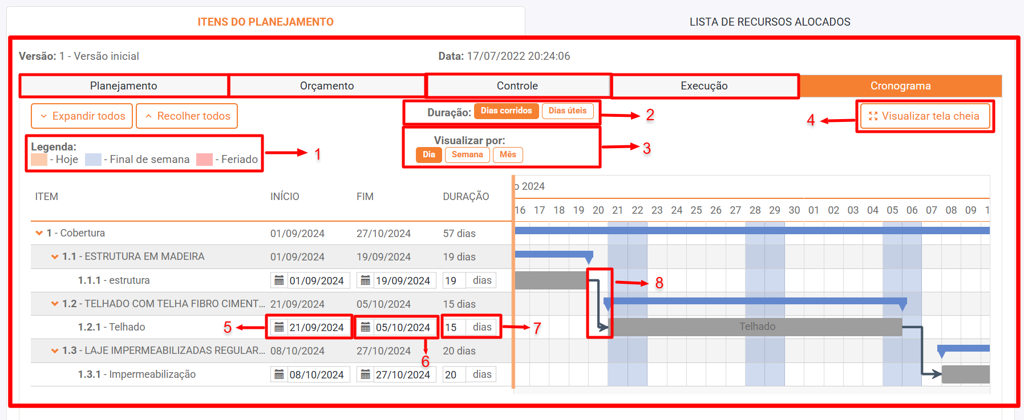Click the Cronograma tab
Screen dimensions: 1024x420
900,86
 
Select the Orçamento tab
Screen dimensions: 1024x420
327,86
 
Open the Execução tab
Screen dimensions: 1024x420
704,86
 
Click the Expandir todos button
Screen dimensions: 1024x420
82,116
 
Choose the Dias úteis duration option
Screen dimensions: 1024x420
568,111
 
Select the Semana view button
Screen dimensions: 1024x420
467,154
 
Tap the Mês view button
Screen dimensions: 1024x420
508,154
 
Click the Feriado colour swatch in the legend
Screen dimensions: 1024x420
204,160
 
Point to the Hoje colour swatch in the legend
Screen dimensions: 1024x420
39,160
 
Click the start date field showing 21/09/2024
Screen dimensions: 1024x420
310,327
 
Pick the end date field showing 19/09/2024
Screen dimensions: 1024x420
396,280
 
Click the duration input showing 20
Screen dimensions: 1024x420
454,374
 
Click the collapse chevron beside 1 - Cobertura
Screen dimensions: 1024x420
39,233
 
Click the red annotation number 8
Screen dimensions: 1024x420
659,283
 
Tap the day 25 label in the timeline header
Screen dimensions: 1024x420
696,210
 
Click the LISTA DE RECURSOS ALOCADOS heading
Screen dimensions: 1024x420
770,22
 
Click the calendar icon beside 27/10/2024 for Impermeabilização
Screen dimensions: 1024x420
365,374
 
